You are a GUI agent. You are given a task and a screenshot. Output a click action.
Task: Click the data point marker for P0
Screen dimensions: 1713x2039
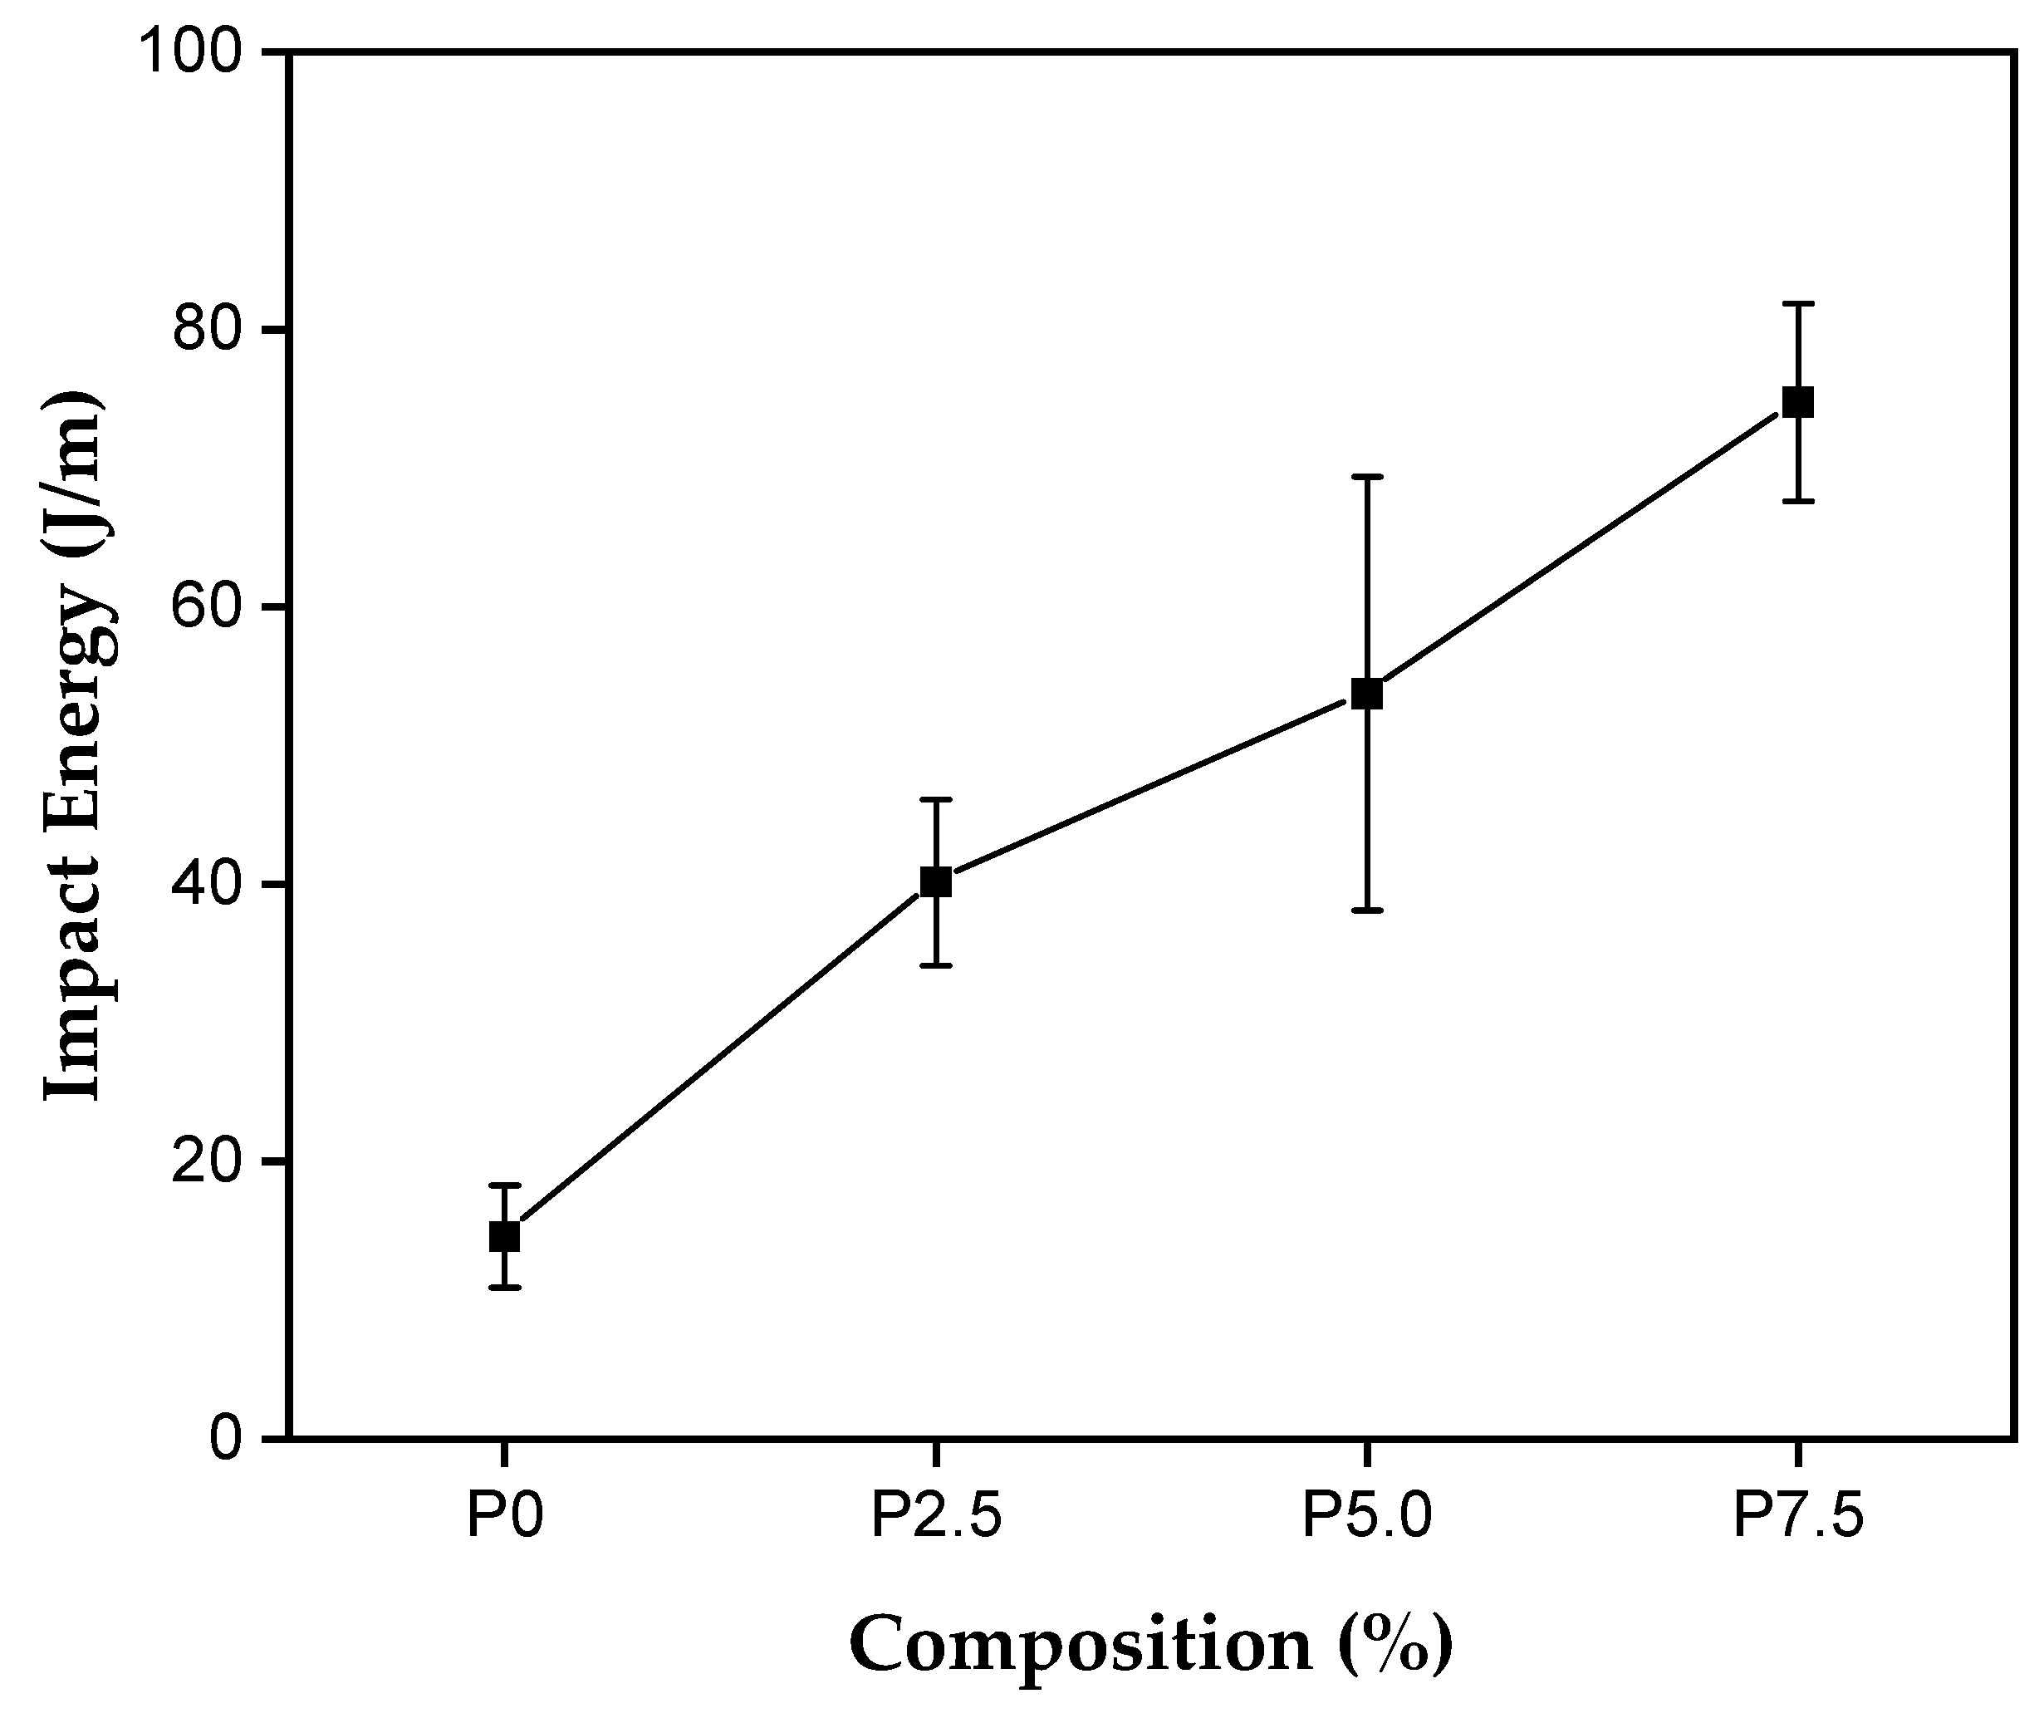click(504, 1236)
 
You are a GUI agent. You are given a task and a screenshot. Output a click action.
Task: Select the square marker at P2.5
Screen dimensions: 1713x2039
click(935, 881)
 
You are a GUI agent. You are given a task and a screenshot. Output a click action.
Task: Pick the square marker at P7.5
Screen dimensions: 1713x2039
click(1798, 402)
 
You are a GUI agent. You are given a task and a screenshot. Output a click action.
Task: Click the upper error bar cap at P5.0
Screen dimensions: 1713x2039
click(1367, 477)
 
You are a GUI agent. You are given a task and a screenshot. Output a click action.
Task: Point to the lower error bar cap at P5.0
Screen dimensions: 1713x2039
click(1367, 910)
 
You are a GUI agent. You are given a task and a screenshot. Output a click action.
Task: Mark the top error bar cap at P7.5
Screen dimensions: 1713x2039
click(1798, 304)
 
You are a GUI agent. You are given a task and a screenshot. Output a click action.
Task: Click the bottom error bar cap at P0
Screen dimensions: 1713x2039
click(504, 1288)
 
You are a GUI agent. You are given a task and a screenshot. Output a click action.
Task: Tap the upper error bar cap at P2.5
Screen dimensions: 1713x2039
click(935, 799)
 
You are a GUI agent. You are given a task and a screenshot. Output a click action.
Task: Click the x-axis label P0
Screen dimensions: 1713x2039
click(504, 1516)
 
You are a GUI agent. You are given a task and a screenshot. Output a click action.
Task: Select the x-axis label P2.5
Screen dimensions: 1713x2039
click(935, 1516)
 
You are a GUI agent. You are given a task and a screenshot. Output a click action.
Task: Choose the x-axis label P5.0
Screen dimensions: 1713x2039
click(1367, 1516)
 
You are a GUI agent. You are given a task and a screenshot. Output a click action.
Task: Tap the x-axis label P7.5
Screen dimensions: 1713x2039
click(1798, 1516)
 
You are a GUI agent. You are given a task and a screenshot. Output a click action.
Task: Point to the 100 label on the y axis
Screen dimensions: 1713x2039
click(190, 52)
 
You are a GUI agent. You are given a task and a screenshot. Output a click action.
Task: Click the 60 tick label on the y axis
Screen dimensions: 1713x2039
click(206, 607)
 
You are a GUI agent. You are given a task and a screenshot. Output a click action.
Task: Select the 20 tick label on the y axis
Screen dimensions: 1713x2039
click(206, 1161)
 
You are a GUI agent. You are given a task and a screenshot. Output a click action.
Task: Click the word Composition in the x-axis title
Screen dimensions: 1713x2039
click(1080, 1644)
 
